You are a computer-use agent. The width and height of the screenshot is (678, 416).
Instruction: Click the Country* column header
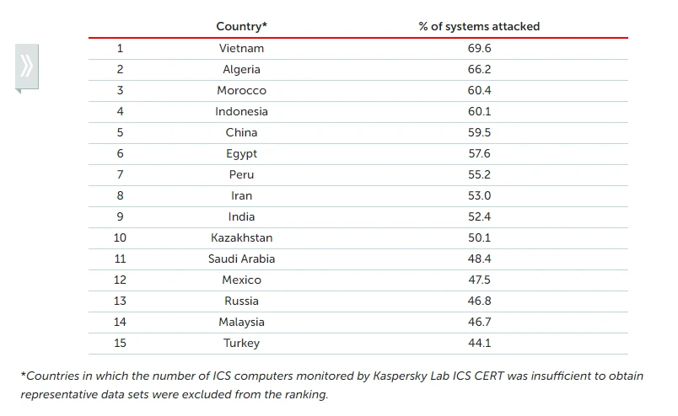pos(241,26)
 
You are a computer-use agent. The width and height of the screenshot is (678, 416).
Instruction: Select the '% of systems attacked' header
pos(479,26)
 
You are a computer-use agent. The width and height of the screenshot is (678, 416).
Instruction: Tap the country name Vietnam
pos(241,48)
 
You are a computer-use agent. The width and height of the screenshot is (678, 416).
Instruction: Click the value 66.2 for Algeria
pos(479,69)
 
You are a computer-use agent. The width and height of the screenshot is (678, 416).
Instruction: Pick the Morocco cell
pos(241,90)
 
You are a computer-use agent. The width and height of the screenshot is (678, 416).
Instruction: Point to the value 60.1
pos(479,111)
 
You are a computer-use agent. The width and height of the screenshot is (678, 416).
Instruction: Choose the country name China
pos(241,132)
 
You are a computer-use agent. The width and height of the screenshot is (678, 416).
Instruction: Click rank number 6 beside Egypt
pos(121,153)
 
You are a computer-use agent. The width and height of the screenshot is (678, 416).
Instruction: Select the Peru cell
pos(241,174)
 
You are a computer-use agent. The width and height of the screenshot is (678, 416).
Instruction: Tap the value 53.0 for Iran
pos(479,195)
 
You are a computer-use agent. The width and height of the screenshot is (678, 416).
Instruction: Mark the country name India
pos(241,216)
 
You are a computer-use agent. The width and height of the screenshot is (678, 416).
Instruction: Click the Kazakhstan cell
pos(241,237)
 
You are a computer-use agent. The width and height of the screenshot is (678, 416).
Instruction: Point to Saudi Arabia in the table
pos(241,259)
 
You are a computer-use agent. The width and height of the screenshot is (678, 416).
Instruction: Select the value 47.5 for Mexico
pos(479,280)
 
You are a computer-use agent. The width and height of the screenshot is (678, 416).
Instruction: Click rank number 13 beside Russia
pos(121,301)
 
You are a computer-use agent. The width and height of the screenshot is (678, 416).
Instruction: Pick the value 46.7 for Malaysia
pos(479,322)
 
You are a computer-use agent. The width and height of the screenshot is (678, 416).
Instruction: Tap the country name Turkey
pos(241,343)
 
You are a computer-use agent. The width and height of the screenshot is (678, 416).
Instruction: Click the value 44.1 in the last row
pos(479,343)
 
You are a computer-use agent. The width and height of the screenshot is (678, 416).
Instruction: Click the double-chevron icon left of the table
pos(27,65)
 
